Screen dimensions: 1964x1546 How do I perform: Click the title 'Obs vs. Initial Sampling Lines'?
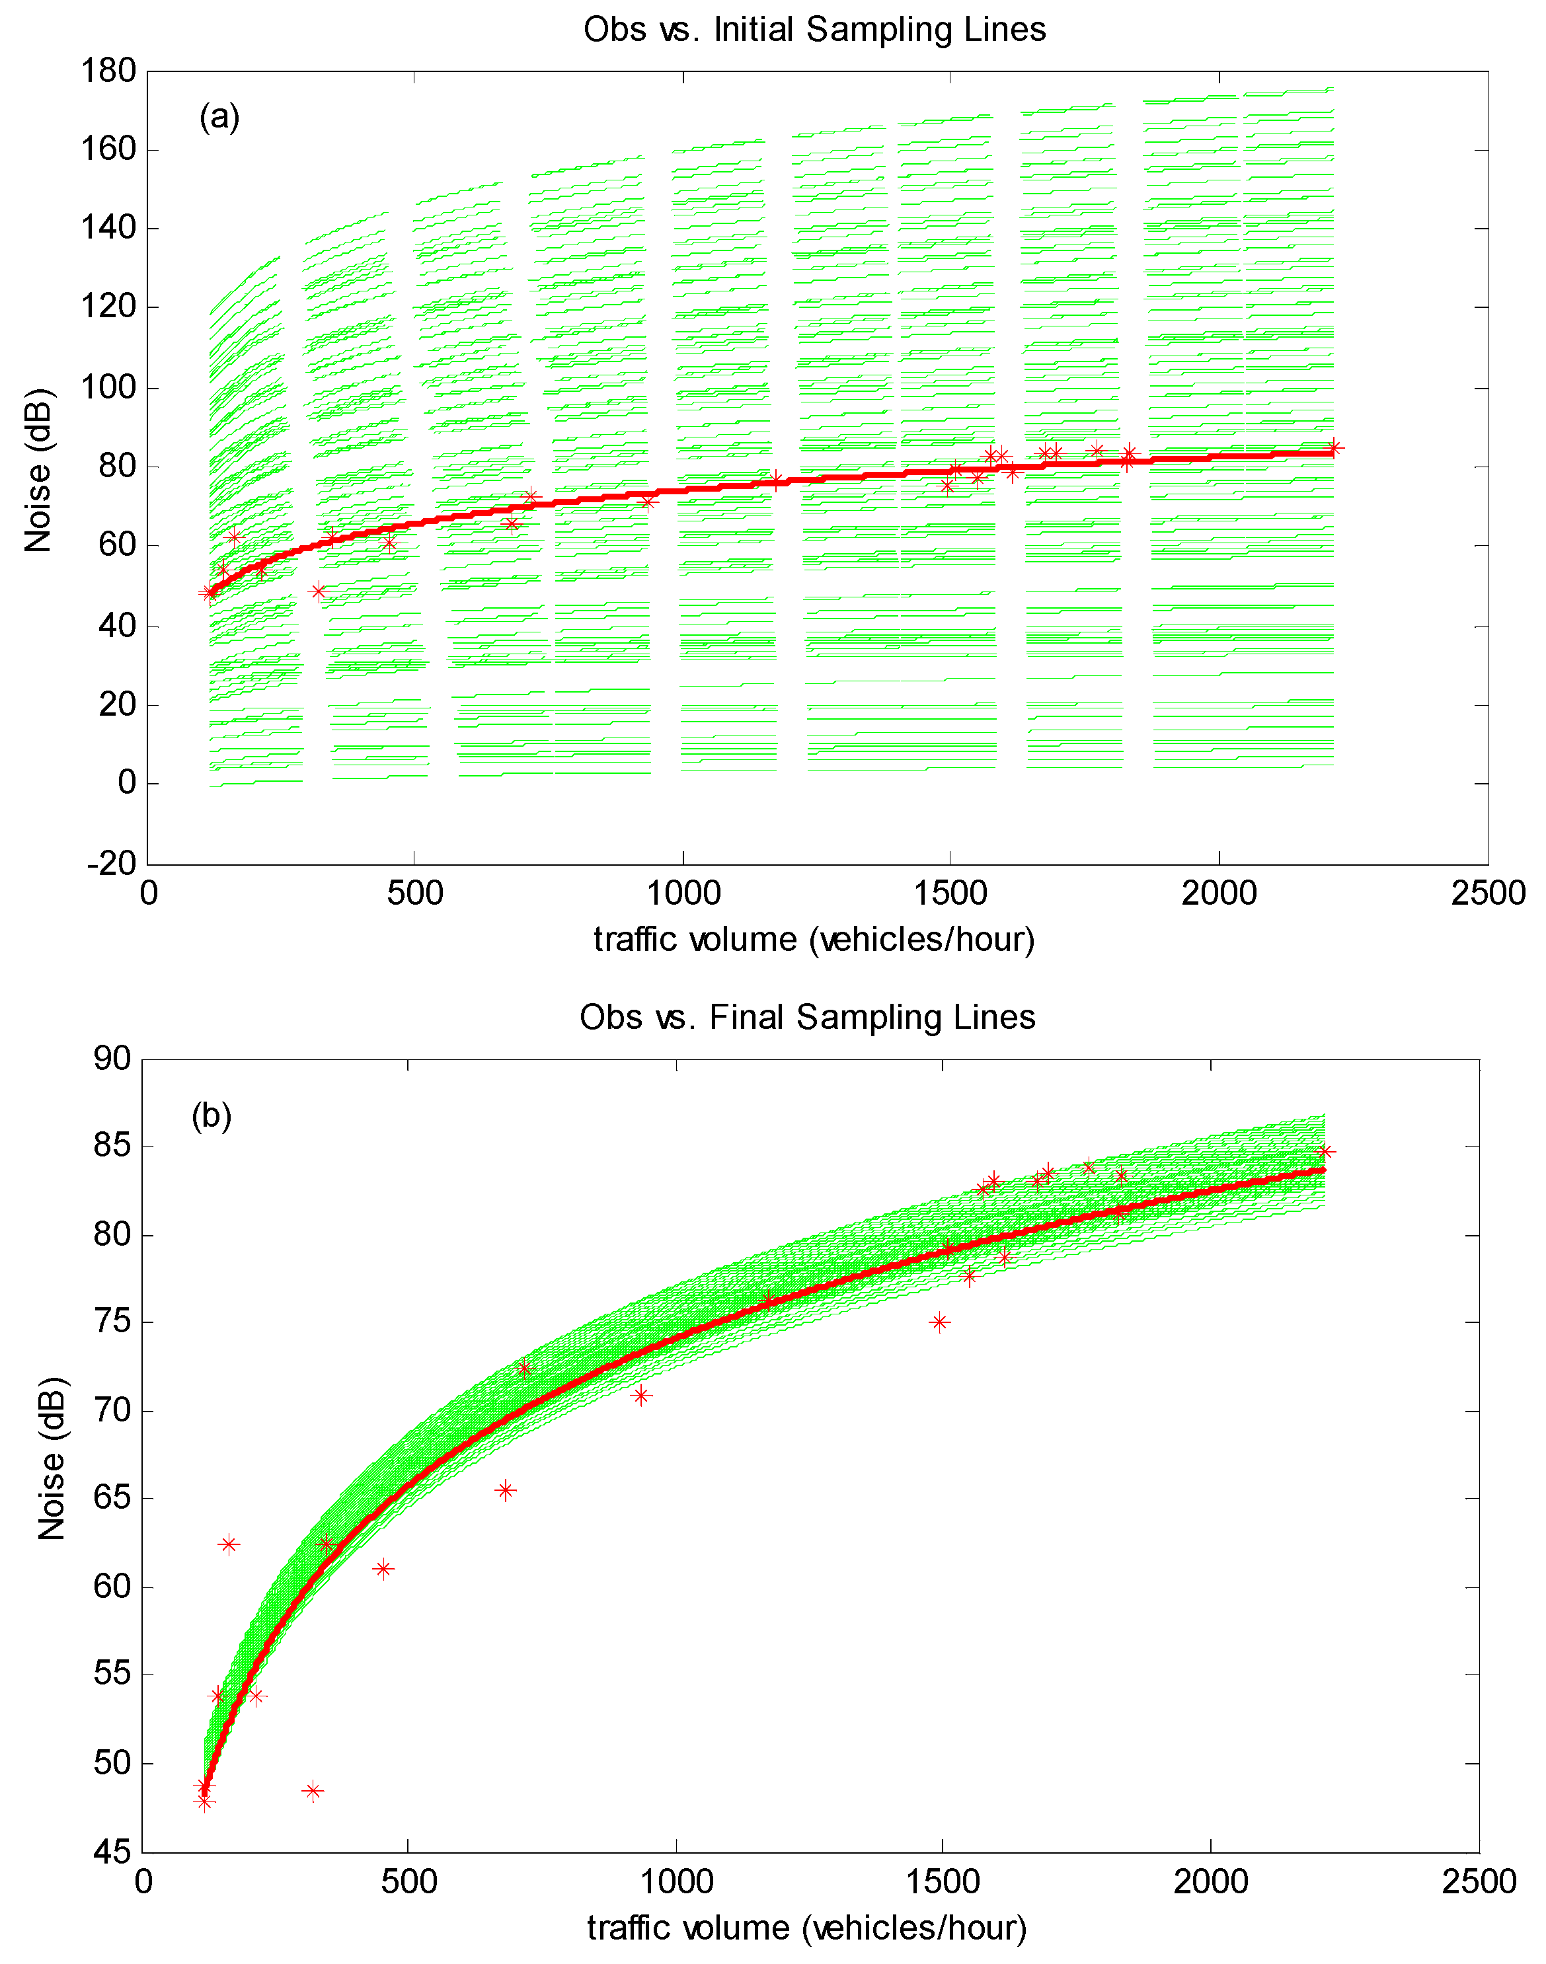(814, 30)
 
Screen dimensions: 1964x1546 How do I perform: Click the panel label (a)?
(219, 117)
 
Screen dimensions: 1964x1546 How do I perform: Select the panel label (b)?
(211, 1116)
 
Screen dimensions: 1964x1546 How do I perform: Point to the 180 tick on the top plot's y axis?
(108, 71)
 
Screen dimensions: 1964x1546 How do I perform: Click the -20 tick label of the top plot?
(111, 864)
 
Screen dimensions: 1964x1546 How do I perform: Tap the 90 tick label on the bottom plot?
(112, 1058)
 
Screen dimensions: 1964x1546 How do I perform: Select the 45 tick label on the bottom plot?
(112, 1852)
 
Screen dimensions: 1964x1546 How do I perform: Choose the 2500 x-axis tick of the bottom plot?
(1478, 1883)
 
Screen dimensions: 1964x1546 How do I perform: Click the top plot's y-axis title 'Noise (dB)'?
(39, 470)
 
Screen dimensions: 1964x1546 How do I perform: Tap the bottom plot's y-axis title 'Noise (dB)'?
(52, 1457)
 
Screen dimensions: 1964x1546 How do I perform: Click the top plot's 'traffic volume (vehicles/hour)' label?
(814, 940)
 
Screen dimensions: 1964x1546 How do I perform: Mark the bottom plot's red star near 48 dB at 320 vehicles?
(312, 1791)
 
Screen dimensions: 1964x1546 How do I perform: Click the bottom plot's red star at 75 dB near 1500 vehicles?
(939, 1322)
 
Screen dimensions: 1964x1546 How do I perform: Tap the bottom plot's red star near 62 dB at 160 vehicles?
(228, 1544)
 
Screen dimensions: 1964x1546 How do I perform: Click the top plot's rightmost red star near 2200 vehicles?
(1333, 447)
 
